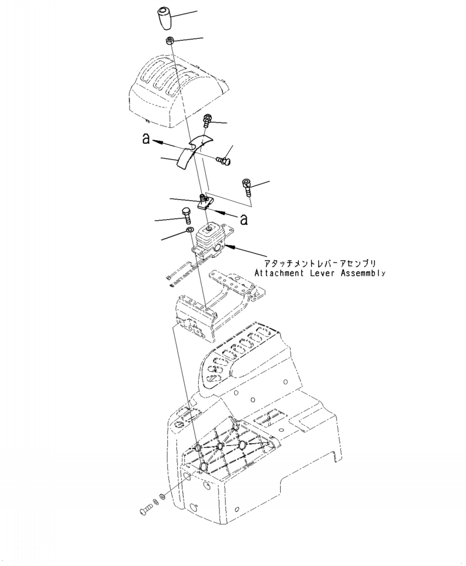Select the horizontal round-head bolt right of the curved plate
click(x=222, y=159)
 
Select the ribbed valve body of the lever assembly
click(x=209, y=239)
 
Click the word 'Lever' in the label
click(x=323, y=273)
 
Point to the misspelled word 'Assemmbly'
click(x=365, y=273)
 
